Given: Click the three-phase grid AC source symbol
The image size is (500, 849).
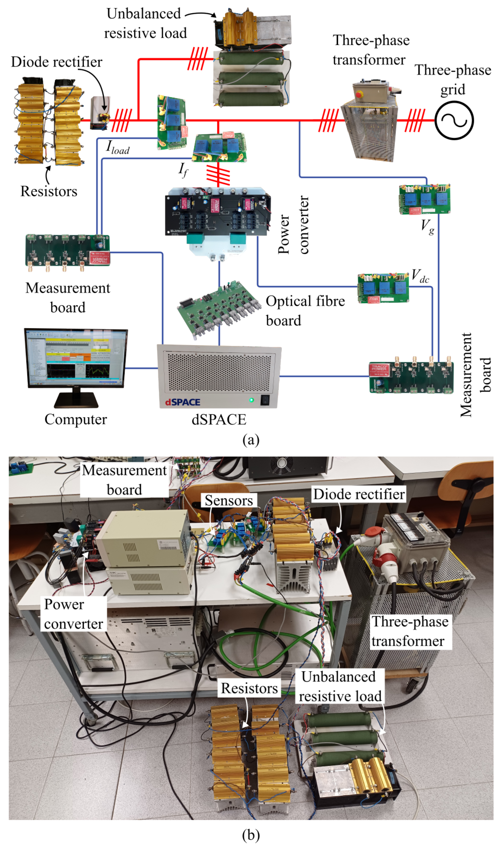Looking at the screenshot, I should (x=454, y=120).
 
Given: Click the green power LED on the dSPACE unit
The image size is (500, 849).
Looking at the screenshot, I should (x=251, y=400).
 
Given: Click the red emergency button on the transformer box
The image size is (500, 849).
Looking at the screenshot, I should (x=359, y=95).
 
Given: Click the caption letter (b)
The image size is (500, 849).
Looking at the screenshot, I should (x=251, y=835).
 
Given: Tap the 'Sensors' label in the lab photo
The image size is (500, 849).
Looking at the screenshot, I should (x=229, y=500).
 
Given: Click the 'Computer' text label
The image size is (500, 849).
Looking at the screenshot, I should (x=76, y=420).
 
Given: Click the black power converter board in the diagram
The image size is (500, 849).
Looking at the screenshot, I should (x=217, y=212).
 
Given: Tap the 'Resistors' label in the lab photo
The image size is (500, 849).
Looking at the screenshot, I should (x=249, y=688).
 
